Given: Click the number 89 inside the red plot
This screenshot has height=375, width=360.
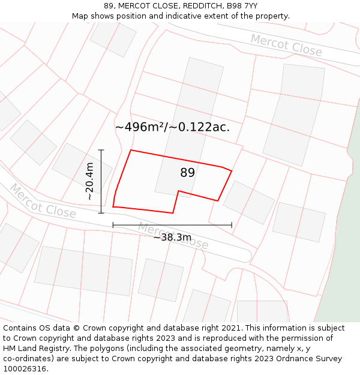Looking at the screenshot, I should tap(188, 173).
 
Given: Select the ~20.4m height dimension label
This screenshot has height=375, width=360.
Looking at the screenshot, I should tap(89, 181).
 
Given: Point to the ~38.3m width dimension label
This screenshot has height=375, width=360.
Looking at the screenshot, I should tap(172, 237).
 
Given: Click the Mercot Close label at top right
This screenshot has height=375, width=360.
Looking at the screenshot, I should tap(286, 45).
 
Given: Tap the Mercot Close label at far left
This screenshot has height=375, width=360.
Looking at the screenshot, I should tap(42, 202).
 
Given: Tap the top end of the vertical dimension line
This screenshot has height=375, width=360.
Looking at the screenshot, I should tap(101, 150).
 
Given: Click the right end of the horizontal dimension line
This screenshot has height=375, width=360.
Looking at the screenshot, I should tap(232, 225).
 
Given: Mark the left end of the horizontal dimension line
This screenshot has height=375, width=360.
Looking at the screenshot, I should tap(113, 225).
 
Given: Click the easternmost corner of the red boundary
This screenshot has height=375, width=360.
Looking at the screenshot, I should tap(232, 171).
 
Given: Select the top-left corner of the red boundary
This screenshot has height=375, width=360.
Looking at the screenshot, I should tap(131, 150).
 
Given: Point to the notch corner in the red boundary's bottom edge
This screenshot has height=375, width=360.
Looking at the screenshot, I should tap(178, 191).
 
